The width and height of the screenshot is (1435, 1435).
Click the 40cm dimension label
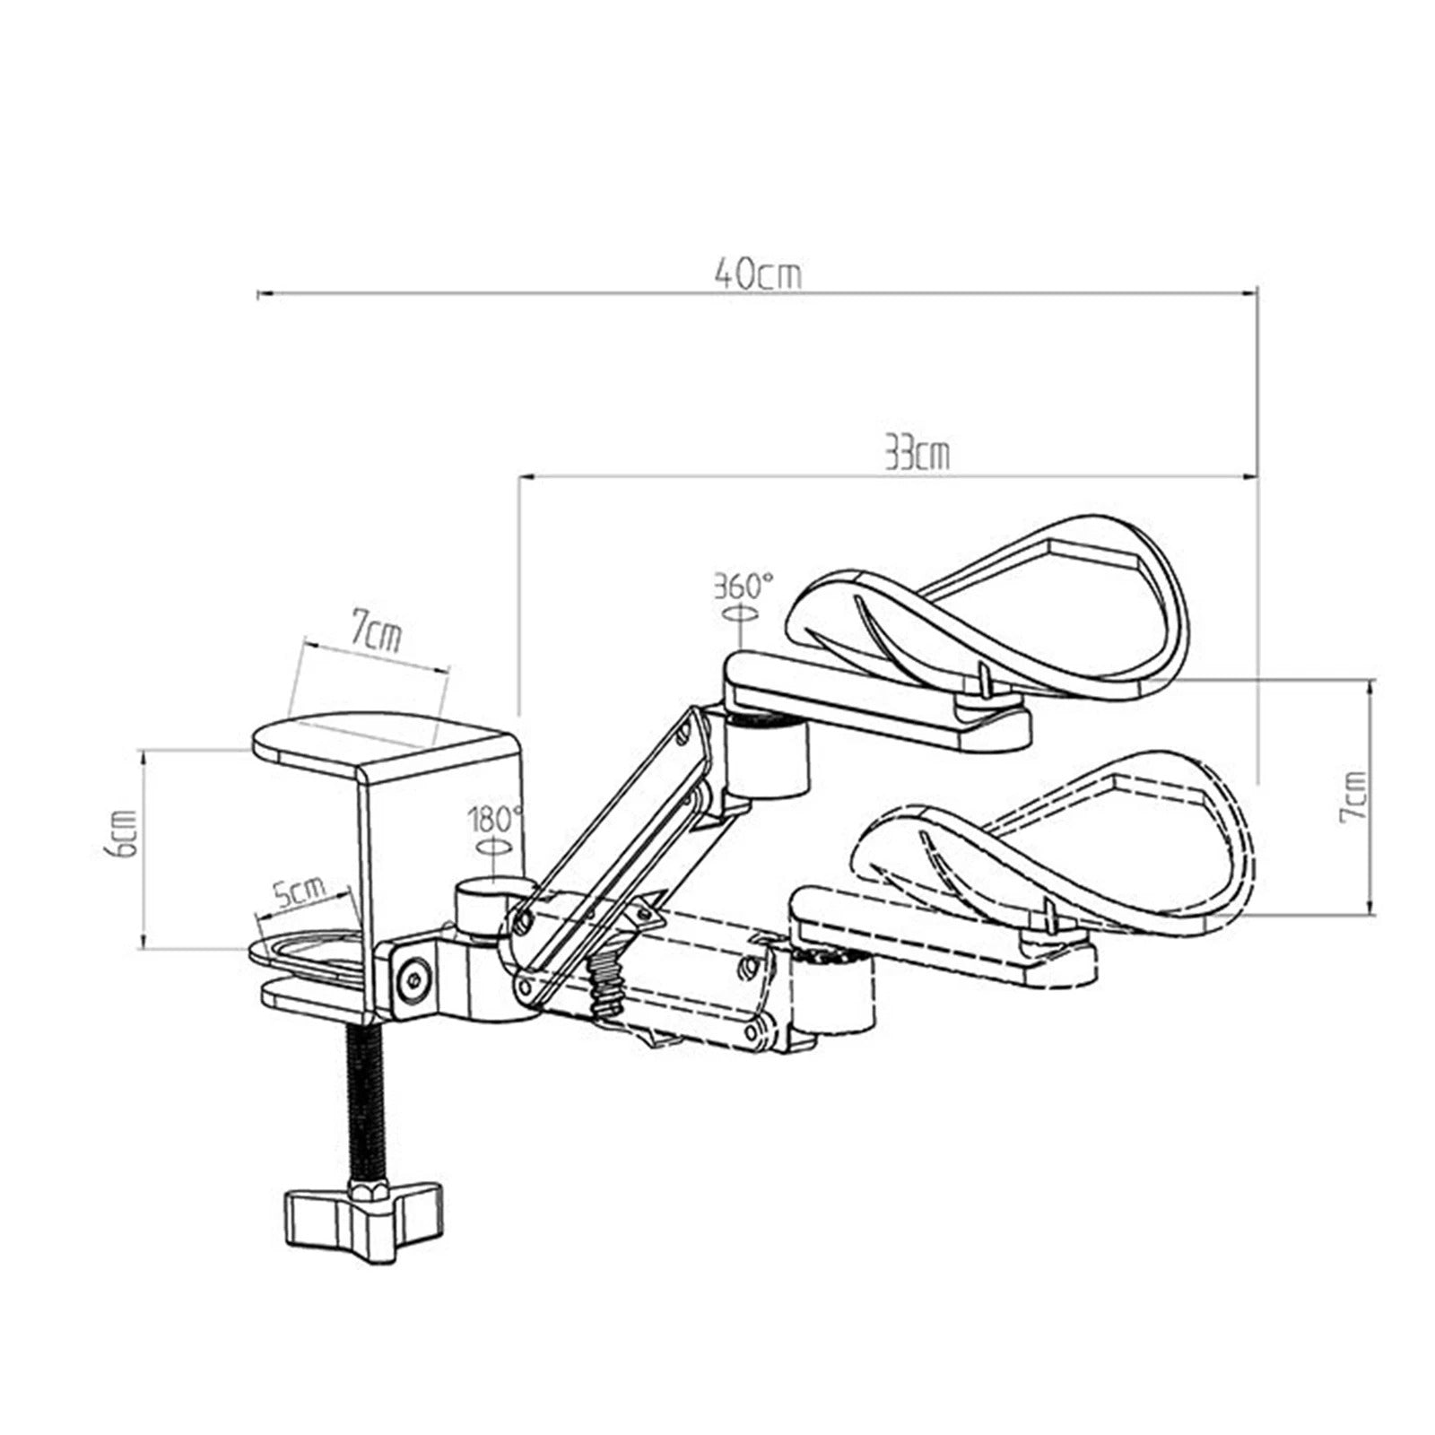pos(758,274)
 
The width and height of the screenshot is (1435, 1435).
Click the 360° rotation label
pos(743,586)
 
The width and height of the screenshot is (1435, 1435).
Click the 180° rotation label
pos(493,819)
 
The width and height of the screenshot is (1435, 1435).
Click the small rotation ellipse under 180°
pos(492,845)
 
